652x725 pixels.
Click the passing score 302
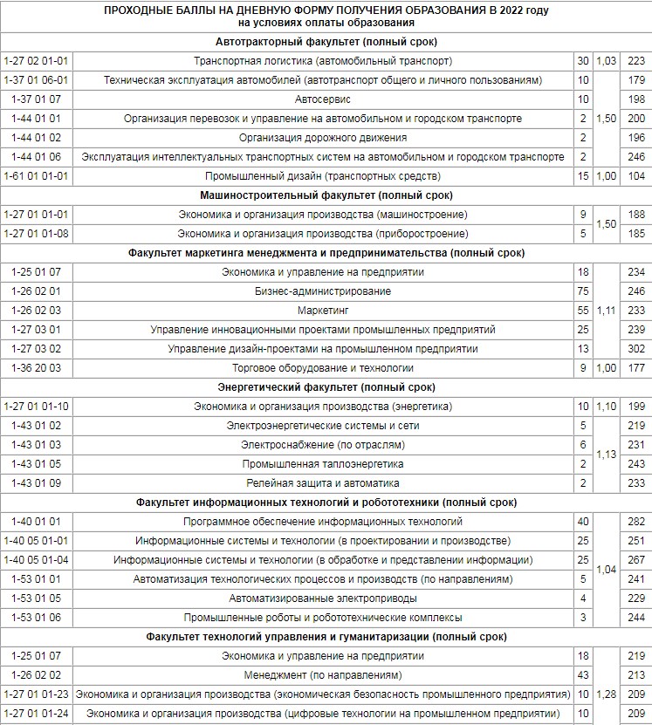[x=635, y=349]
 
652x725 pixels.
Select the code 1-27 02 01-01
[x=36, y=61]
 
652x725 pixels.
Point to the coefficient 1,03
[x=606, y=61]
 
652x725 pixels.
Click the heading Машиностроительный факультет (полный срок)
[x=326, y=195]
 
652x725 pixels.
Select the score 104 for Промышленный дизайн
[x=635, y=176]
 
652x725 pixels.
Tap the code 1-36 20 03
[x=36, y=368]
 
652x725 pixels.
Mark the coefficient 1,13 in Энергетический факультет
[x=606, y=455]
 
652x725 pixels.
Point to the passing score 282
[x=635, y=522]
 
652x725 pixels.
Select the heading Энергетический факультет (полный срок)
[x=326, y=387]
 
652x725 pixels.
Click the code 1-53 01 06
[x=36, y=618]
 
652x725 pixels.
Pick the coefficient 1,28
[x=606, y=694]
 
